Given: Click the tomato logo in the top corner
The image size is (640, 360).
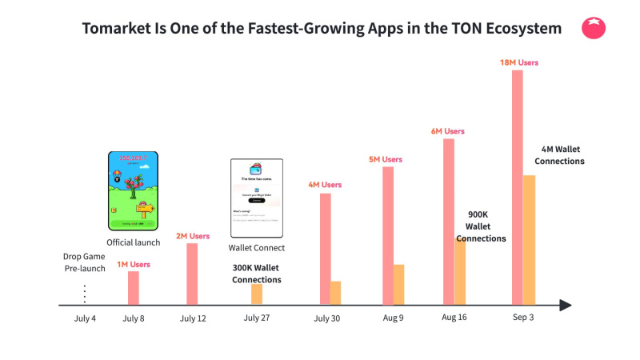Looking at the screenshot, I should (x=594, y=29).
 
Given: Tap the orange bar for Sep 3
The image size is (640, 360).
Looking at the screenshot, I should (x=530, y=240).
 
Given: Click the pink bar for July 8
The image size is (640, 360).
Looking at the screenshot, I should (x=134, y=288).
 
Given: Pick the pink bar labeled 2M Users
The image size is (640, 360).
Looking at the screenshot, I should (x=192, y=274).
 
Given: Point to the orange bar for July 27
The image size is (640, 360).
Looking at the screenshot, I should (x=257, y=294).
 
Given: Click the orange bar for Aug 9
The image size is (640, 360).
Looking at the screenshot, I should (x=399, y=284).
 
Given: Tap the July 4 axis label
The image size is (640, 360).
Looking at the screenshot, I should (x=85, y=318).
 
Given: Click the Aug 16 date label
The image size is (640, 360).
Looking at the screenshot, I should (x=454, y=318).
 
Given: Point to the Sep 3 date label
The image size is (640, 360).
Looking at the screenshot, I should (x=524, y=318).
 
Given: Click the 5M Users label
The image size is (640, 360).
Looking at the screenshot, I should (x=386, y=160).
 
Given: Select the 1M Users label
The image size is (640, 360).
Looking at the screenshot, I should (x=134, y=264).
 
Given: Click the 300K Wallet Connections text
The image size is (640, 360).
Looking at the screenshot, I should (x=257, y=274).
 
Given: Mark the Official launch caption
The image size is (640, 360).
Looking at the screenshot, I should (x=134, y=242).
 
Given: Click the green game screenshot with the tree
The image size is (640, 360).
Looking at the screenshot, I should (x=133, y=190).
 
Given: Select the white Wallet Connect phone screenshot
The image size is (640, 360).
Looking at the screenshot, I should (x=257, y=196).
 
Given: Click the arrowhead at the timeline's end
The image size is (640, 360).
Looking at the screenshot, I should (x=566, y=305).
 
